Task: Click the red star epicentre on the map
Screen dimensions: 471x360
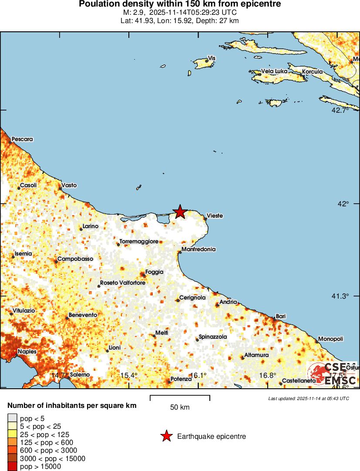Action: (180, 212)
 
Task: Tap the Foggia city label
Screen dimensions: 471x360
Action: (154, 272)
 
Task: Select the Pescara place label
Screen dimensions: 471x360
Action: (22, 139)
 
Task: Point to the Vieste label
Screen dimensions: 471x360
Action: (215, 216)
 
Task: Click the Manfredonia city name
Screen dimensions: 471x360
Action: (198, 249)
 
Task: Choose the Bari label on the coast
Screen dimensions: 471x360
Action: (280, 316)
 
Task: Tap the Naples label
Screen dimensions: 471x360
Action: (27, 352)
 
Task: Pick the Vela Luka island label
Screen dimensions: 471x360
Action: (274, 71)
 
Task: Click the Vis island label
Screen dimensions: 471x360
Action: (212, 58)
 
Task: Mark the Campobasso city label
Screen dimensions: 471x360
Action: (75, 259)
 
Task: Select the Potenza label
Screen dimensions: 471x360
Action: (181, 379)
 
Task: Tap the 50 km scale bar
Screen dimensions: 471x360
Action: (180, 397)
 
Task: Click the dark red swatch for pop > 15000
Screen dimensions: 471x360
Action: (13, 467)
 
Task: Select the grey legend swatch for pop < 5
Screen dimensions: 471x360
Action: (13, 418)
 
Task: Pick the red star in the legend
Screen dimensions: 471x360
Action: (166, 436)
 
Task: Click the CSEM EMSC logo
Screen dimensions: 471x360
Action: (332, 373)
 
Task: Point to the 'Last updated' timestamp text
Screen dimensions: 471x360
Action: (308, 398)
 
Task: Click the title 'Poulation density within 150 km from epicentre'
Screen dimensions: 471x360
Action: (180, 4)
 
